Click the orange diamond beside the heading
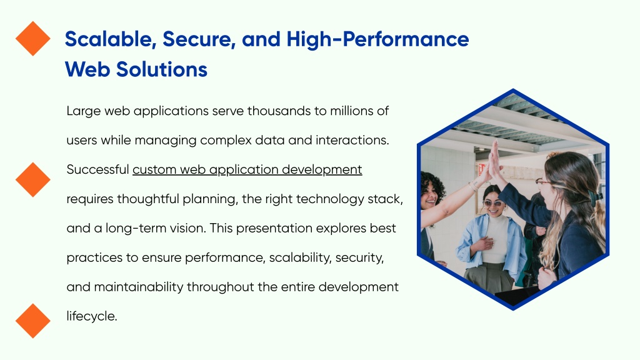[33, 38]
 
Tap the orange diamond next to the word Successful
[33, 179]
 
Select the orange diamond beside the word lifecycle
[33, 321]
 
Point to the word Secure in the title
[199, 39]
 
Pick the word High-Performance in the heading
[377, 40]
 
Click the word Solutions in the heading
[162, 69]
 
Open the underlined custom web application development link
[247, 170]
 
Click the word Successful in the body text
[98, 169]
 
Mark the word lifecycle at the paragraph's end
[92, 316]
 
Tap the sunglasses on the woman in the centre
[493, 203]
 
